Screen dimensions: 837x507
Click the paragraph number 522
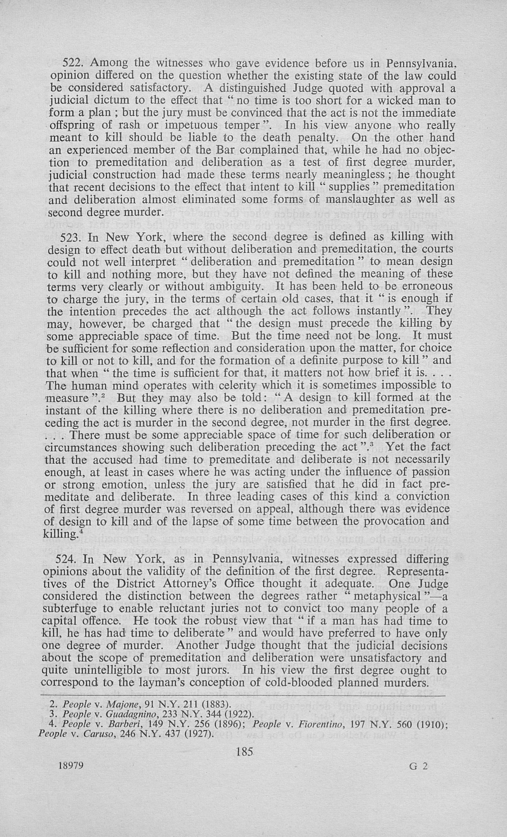[x=72, y=64]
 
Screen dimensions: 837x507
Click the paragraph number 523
[x=70, y=237]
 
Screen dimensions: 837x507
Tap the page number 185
[x=245, y=752]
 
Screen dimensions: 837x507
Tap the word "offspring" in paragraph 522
[x=72, y=125]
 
